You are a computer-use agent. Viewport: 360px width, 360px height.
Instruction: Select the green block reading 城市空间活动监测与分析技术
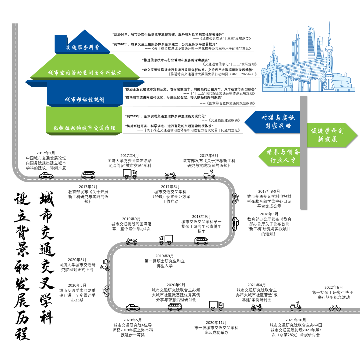tap(85, 72)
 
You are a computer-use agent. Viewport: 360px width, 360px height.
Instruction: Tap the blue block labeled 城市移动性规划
tap(85, 100)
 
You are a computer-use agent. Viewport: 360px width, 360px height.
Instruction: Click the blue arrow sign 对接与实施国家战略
tap(273, 122)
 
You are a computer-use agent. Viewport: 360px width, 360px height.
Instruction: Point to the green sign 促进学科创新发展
tap(330, 135)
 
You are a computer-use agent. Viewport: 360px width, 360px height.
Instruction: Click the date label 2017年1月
tap(46, 153)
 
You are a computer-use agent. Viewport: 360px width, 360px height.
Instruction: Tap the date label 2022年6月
tap(333, 287)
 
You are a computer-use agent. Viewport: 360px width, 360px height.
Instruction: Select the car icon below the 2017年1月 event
tap(46, 176)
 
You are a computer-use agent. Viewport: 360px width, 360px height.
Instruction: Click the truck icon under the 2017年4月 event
tap(130, 174)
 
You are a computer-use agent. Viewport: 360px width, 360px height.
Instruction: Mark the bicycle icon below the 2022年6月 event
tap(335, 307)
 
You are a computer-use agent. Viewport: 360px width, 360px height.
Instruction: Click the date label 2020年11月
tap(216, 322)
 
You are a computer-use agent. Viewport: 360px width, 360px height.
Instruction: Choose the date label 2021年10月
tap(296, 320)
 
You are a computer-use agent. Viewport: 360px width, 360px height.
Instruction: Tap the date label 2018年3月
tap(269, 214)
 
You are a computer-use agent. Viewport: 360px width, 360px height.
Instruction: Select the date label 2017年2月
tap(88, 187)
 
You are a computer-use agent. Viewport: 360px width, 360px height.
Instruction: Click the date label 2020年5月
tap(132, 320)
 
